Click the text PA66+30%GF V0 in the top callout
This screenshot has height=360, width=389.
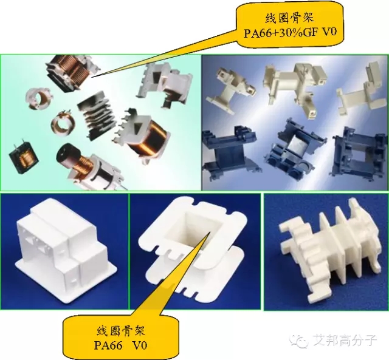pyautogui.click(x=291, y=33)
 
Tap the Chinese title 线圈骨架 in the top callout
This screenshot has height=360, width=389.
pyautogui.click(x=289, y=18)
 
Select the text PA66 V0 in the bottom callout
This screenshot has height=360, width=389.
pyautogui.click(x=120, y=345)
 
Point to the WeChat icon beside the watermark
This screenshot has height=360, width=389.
pyautogui.click(x=300, y=341)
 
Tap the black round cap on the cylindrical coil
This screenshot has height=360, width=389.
pyautogui.click(x=66, y=154)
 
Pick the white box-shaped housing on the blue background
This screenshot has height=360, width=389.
pyautogui.click(x=66, y=250)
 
